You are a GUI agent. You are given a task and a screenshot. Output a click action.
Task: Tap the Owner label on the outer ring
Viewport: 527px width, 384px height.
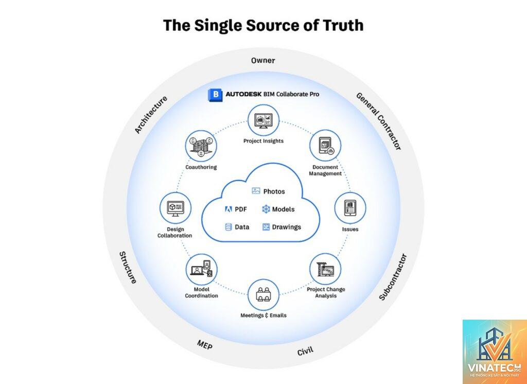point(263,61)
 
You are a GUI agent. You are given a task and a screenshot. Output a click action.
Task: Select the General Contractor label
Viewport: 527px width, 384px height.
point(378,121)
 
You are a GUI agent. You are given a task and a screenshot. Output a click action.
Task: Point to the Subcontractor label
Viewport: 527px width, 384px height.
point(393,277)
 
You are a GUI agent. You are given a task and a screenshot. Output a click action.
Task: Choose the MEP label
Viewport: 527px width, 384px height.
point(205,345)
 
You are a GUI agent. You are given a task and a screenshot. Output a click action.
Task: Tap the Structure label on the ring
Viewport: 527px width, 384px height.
point(128,268)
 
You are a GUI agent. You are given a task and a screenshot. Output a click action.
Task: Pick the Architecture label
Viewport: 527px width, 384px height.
point(151,115)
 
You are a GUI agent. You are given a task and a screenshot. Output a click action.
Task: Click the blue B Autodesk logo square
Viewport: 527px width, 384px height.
point(215,95)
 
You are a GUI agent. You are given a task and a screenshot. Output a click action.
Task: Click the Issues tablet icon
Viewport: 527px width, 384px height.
point(350,208)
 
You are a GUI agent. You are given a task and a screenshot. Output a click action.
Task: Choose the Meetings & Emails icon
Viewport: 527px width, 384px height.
point(263,295)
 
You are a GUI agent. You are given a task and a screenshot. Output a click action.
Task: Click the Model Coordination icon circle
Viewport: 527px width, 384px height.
point(202,269)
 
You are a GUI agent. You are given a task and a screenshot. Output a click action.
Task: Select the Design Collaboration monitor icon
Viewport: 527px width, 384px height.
point(175,208)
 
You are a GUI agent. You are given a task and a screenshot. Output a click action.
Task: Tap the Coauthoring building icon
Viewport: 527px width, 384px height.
point(201,146)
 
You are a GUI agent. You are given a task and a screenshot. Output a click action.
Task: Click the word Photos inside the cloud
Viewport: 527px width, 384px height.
point(274,191)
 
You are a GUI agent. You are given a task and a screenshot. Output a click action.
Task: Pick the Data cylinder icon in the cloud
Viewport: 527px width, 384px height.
point(229,227)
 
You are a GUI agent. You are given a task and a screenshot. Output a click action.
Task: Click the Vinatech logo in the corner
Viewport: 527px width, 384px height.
point(495,352)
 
